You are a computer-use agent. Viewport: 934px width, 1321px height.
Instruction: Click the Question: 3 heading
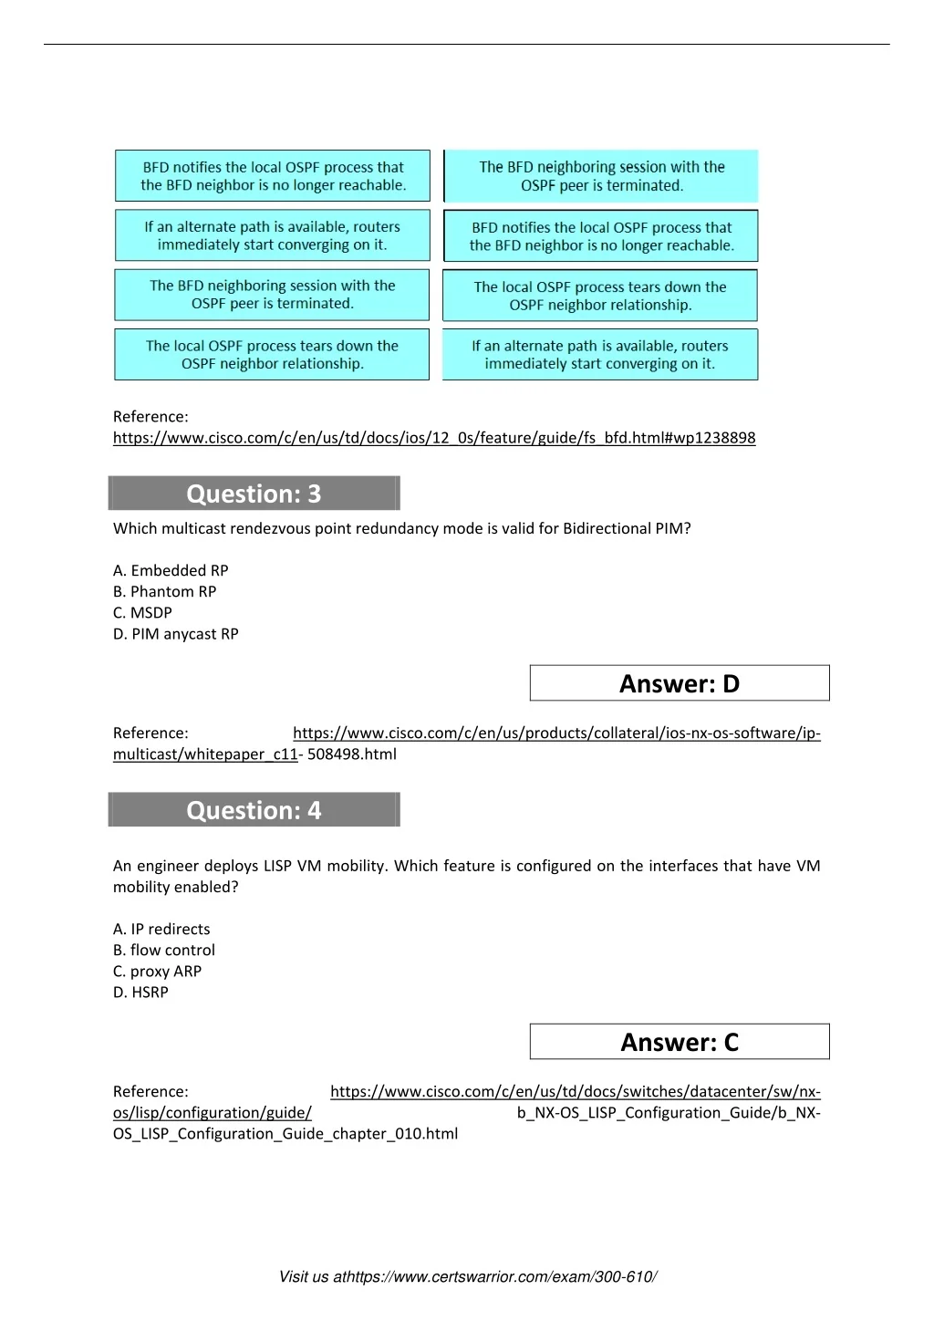pos(254,494)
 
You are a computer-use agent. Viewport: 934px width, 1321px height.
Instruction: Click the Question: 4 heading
pos(254,810)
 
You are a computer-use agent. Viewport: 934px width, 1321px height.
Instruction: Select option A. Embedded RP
pos(171,570)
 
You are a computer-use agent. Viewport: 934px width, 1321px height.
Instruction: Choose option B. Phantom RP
pos(165,591)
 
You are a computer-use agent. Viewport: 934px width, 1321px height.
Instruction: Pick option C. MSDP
pos(142,612)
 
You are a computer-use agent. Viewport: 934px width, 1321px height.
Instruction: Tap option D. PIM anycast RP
pos(176,633)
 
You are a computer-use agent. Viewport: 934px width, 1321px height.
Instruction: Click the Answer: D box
pos(680,683)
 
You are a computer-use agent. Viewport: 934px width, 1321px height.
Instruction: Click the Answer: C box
pos(680,1042)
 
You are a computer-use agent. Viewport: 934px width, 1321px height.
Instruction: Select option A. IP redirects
pos(161,929)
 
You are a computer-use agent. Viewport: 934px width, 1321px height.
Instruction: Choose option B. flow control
pos(164,950)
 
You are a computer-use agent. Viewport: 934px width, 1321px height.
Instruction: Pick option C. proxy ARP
pos(157,971)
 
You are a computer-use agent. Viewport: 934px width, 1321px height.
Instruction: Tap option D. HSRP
pos(140,992)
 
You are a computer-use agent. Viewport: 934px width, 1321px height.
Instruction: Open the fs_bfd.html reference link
pos(434,438)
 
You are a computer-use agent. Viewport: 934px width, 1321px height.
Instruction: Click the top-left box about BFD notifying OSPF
pos(273,176)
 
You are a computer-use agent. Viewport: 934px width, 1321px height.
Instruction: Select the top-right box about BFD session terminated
pos(602,176)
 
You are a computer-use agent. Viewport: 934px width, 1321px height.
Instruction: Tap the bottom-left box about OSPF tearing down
pos(272,354)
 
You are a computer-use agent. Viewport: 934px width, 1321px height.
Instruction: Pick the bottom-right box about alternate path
pos(600,354)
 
